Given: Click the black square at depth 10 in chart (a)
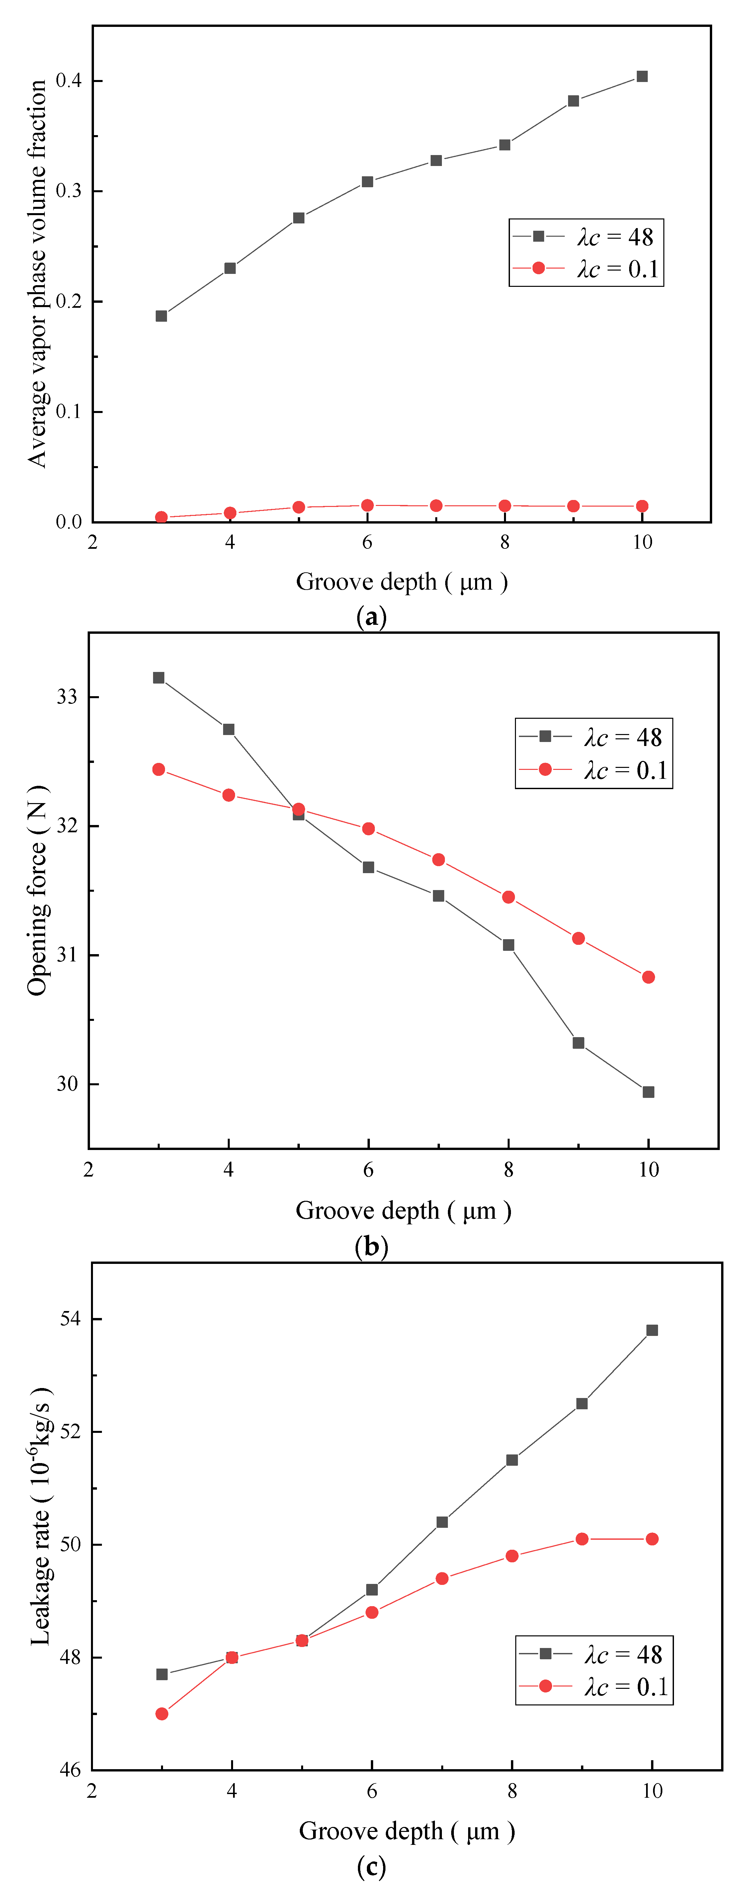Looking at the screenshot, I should (642, 76).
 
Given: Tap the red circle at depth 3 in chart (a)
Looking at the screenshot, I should (162, 517).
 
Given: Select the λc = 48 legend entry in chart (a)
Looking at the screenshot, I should (586, 236).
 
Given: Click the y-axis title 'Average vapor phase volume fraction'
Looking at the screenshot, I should (37, 273).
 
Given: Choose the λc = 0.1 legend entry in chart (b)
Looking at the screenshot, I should (594, 770).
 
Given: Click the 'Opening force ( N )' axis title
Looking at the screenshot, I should (37, 890).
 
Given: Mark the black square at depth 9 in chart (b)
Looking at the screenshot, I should (578, 1043).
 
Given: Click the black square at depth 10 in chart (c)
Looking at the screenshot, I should (652, 1330).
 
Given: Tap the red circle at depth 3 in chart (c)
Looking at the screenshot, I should (162, 1713).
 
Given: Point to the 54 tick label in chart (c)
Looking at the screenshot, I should (70, 1318).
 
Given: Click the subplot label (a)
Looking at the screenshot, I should (371, 616).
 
